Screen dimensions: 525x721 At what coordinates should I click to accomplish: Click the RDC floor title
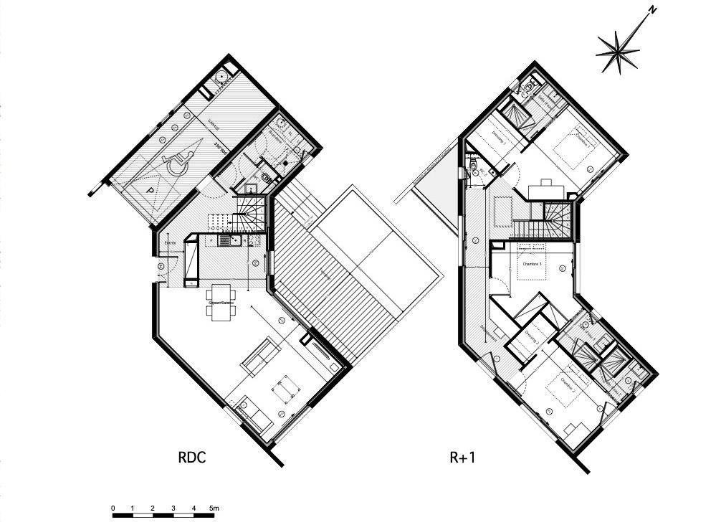[x=191, y=457]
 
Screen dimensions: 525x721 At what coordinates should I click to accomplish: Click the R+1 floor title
[x=462, y=457]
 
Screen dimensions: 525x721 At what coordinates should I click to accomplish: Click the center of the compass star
[x=618, y=52]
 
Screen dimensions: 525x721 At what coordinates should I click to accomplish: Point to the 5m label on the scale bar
[x=214, y=509]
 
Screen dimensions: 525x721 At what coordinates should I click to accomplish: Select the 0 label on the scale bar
[x=113, y=509]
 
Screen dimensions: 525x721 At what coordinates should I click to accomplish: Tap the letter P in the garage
[x=151, y=191]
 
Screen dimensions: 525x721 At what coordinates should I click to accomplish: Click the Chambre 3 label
[x=531, y=264]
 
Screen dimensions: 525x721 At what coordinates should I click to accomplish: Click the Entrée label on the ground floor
[x=171, y=243]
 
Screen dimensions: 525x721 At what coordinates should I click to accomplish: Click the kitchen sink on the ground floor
[x=226, y=241]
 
